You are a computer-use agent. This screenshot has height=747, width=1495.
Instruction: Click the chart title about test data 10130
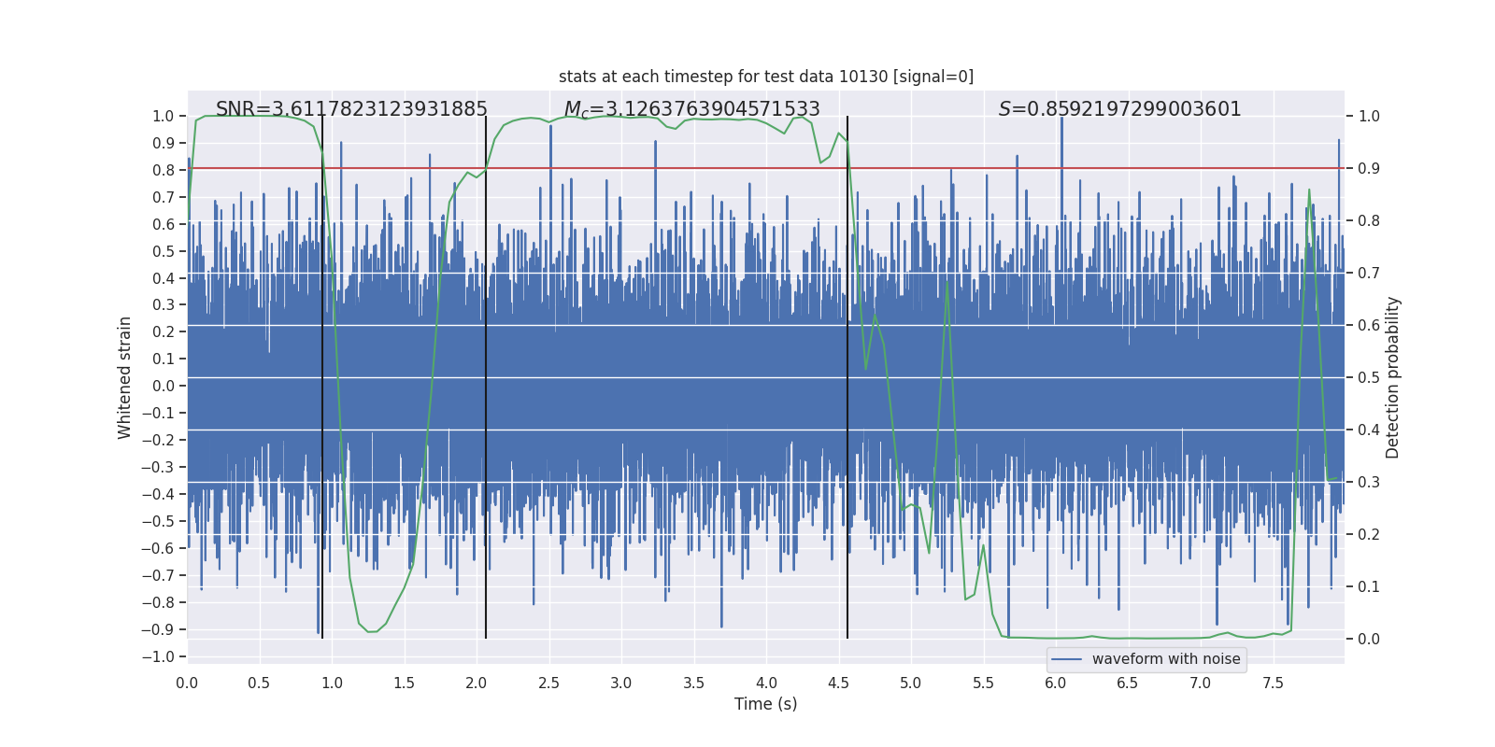[x=766, y=77]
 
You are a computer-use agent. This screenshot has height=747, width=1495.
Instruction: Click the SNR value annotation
[x=351, y=109]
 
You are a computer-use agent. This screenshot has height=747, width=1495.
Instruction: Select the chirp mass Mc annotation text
[x=691, y=110]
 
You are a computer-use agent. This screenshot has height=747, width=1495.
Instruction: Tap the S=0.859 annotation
[x=1119, y=109]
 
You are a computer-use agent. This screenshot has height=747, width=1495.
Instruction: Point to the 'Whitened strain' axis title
[x=125, y=377]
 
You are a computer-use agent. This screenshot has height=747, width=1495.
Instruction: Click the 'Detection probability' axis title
[x=1392, y=377]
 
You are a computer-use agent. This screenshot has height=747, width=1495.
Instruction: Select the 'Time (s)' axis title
[x=766, y=704]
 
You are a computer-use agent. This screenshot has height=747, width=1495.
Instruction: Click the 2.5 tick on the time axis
[x=548, y=683]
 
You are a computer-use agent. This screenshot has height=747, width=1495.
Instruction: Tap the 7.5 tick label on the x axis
[x=1273, y=683]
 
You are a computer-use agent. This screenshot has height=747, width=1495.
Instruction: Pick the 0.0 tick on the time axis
[x=187, y=683]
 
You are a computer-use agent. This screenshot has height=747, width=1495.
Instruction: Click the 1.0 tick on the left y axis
[x=164, y=117]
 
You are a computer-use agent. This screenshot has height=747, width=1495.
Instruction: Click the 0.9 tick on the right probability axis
[x=1369, y=169]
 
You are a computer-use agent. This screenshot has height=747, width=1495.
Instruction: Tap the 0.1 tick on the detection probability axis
[x=1369, y=586]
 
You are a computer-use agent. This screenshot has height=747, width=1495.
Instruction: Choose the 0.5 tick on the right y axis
[x=1369, y=377]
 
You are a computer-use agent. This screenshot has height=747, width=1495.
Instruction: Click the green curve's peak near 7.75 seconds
[x=1308, y=190]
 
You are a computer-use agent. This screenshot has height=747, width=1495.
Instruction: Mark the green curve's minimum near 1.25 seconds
[x=371, y=631]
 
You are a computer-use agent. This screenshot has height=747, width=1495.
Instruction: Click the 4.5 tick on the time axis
[x=838, y=683]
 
